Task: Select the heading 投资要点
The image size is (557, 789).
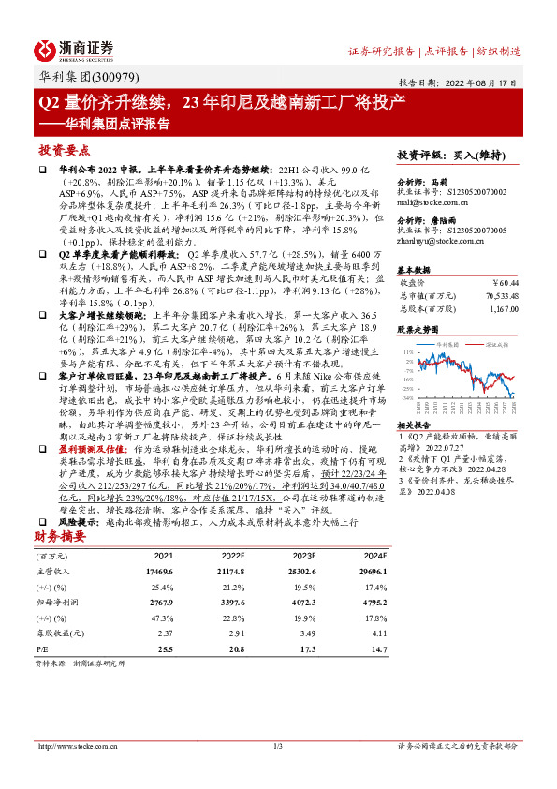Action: click(x=65, y=149)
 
